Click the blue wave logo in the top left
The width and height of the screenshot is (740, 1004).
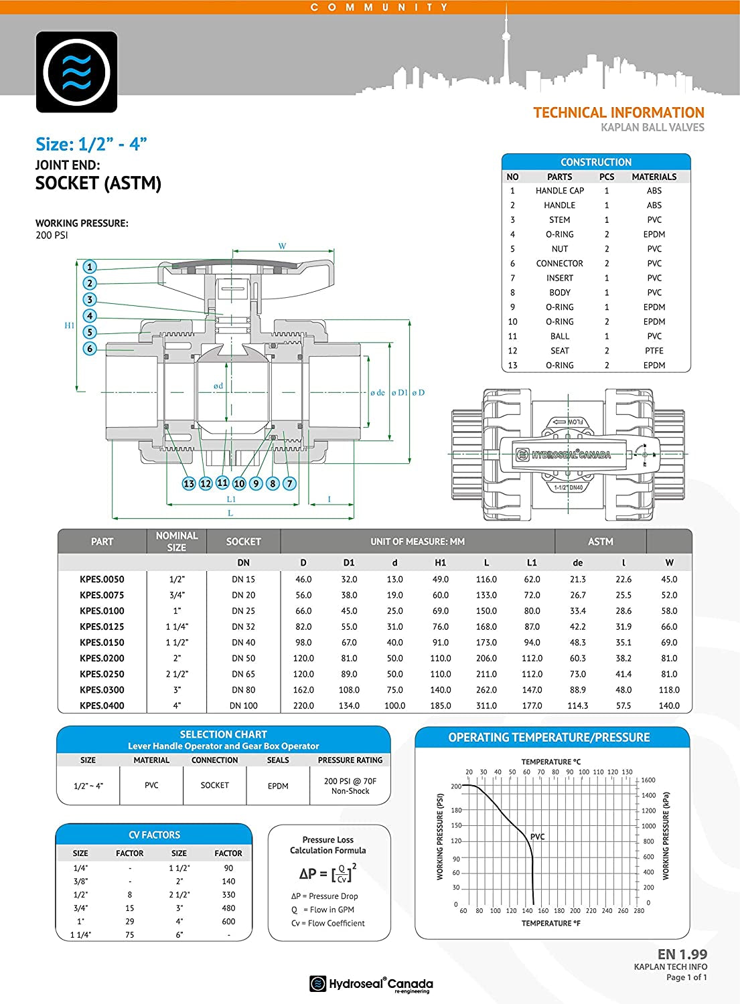[x=76, y=72]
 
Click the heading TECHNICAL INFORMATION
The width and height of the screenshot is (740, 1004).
[x=618, y=112]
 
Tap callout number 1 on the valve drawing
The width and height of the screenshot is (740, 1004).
[x=90, y=267]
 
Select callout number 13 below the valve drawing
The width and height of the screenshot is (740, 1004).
[x=189, y=483]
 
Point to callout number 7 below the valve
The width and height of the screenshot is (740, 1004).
[x=289, y=483]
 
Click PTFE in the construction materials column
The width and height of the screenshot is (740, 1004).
[x=654, y=351]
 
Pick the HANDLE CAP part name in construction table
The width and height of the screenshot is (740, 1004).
[x=559, y=191]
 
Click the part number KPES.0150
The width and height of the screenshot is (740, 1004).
[x=102, y=643]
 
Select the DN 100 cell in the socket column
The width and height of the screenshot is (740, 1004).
[x=243, y=705]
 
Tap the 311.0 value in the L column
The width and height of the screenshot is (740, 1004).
[x=486, y=705]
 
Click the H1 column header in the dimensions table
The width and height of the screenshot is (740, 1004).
[x=440, y=563]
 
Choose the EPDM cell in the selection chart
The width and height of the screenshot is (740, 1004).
[x=278, y=786]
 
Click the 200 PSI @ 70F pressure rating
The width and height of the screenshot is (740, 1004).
[x=350, y=786]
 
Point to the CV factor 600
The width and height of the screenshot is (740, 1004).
[x=228, y=922]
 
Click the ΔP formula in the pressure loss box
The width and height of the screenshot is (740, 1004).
[x=327, y=873]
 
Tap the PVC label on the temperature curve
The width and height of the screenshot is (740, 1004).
[x=537, y=837]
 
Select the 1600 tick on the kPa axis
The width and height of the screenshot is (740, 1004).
[x=648, y=780]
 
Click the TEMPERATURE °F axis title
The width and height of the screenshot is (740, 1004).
[x=550, y=923]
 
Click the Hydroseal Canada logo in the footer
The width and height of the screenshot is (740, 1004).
[x=371, y=984]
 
